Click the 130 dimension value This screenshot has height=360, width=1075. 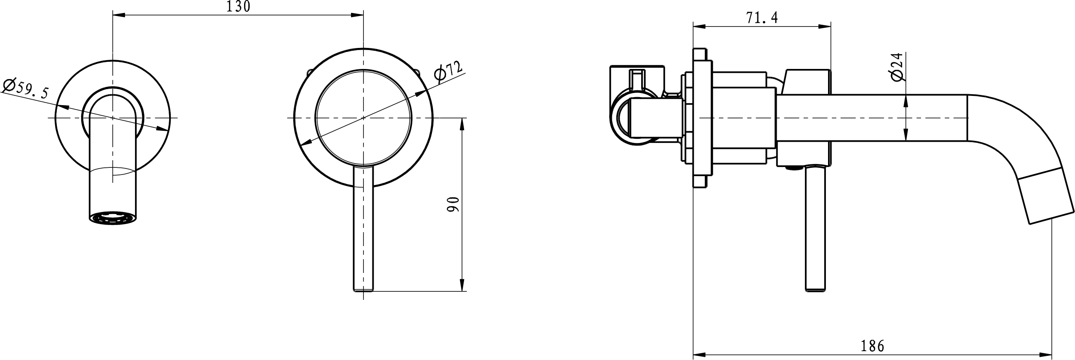(238, 7)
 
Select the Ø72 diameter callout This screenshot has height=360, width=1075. (449, 76)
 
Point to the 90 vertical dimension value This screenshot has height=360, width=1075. (453, 204)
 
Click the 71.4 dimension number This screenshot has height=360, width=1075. (762, 18)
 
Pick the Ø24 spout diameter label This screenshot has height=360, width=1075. (897, 79)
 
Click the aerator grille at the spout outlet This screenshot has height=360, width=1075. (113, 220)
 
